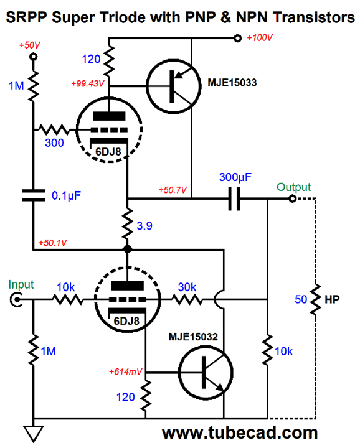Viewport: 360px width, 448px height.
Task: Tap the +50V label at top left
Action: (30, 45)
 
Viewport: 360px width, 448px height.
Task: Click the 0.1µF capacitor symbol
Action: (32, 195)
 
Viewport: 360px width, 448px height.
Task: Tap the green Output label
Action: (293, 187)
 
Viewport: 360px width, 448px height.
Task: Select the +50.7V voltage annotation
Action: (173, 189)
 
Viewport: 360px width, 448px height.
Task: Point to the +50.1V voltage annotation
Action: (52, 242)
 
